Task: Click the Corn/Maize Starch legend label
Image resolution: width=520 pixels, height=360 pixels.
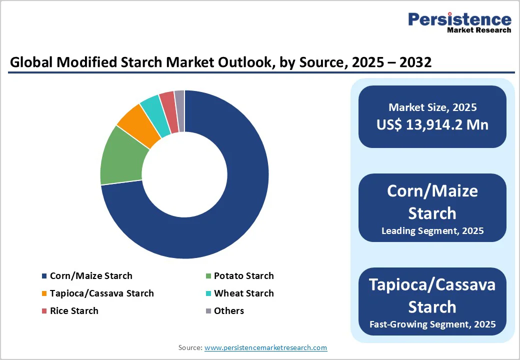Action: tap(91, 276)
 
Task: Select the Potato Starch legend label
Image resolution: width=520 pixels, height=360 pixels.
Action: tap(243, 276)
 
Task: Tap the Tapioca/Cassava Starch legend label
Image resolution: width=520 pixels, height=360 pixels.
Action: tap(102, 293)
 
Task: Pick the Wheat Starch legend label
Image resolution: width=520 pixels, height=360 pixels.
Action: tap(243, 293)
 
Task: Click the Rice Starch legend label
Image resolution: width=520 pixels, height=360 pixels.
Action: tap(74, 311)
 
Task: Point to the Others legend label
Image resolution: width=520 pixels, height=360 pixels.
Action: tap(229, 311)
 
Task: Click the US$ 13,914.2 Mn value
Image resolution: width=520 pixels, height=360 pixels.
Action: tap(432, 124)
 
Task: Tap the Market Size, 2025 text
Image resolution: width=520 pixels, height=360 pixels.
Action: tap(432, 107)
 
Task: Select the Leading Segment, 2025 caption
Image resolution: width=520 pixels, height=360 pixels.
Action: tap(432, 231)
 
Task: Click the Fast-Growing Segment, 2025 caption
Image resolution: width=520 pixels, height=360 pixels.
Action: tap(432, 324)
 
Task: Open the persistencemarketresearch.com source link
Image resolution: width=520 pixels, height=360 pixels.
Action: tap(265, 347)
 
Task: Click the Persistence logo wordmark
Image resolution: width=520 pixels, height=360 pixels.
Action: tap(459, 20)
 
